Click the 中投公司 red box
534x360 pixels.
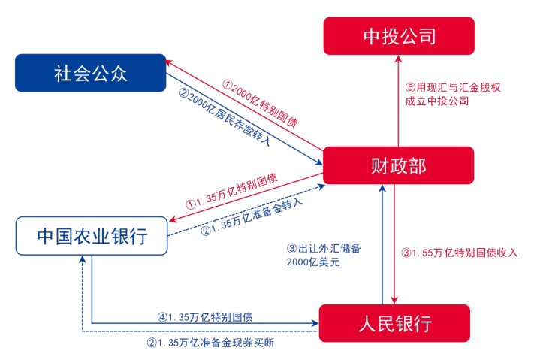pyautogui.click(x=399, y=35)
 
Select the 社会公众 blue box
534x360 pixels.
pyautogui.click(x=91, y=73)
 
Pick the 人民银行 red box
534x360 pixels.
pyautogui.click(x=394, y=323)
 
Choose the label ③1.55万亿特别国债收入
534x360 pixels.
pyautogui.click(x=459, y=252)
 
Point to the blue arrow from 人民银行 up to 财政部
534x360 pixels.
pyautogui.click(x=383, y=241)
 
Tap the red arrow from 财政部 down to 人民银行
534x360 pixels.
pyautogui.click(x=397, y=241)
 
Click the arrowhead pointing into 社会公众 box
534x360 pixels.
pyautogui.click(x=170, y=62)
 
